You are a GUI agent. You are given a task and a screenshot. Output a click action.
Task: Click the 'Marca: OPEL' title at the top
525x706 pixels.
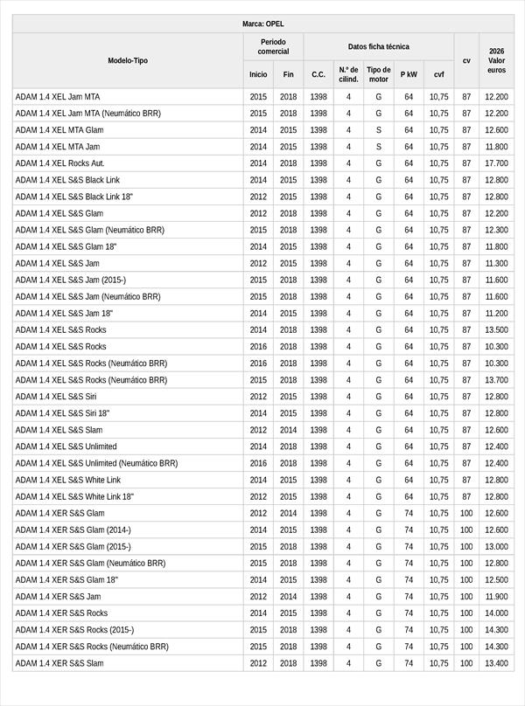pyautogui.click(x=262, y=24)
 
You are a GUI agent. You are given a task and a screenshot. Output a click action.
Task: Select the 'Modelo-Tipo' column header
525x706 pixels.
pyautogui.click(x=128, y=61)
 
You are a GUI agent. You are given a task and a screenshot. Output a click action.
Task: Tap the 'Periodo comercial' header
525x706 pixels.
pyautogui.click(x=273, y=46)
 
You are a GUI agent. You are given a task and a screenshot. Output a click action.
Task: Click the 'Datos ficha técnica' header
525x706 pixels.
pyautogui.click(x=378, y=46)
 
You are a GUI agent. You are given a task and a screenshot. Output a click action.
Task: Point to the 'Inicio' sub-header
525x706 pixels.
pyautogui.click(x=258, y=75)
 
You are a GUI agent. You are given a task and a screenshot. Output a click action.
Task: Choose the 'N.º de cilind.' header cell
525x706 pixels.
pyautogui.click(x=348, y=74)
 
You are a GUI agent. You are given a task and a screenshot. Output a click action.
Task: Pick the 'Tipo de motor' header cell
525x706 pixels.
pyautogui.click(x=379, y=74)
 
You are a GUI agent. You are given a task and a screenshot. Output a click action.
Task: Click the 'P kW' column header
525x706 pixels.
pyautogui.click(x=409, y=75)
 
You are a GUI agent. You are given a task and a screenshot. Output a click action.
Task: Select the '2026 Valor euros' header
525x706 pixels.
pyautogui.click(x=496, y=60)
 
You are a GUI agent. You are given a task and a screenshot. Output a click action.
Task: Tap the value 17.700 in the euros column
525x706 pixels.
pyautogui.click(x=496, y=163)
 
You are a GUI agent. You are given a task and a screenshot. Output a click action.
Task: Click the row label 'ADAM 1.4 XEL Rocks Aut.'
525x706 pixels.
pyautogui.click(x=60, y=163)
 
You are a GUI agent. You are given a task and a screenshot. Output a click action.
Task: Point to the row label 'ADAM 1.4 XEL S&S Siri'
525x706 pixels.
pyautogui.click(x=56, y=397)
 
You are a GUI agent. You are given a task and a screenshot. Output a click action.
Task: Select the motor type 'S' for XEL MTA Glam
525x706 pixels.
pyautogui.click(x=379, y=130)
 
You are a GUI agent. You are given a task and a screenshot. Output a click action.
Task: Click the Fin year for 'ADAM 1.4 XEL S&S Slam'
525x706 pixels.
pyautogui.click(x=289, y=430)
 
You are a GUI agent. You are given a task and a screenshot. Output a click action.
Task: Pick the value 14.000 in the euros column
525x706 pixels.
pyautogui.click(x=496, y=613)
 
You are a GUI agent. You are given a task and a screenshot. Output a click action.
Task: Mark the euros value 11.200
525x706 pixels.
pyautogui.click(x=496, y=314)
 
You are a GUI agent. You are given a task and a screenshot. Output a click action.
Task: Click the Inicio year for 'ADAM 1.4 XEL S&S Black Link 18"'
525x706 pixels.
pyautogui.click(x=258, y=197)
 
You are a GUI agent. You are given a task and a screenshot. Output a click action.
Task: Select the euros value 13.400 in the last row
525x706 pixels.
pyautogui.click(x=496, y=663)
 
